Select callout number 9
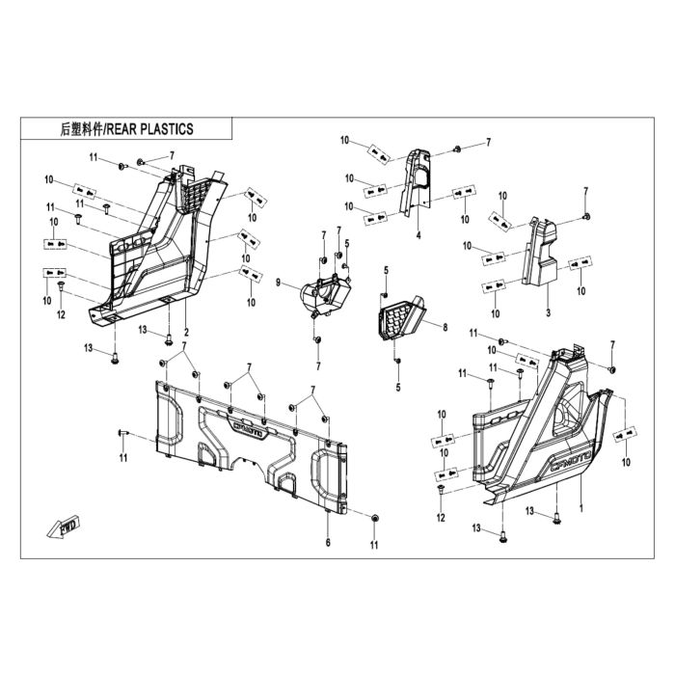(278, 283)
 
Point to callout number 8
(445, 327)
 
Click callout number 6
(328, 542)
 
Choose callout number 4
(418, 235)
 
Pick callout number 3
(548, 312)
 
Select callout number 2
(186, 332)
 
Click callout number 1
(581, 509)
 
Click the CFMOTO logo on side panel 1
(571, 461)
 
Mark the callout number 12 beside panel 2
(61, 314)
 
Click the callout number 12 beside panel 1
(441, 518)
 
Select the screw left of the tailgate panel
(121, 433)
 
